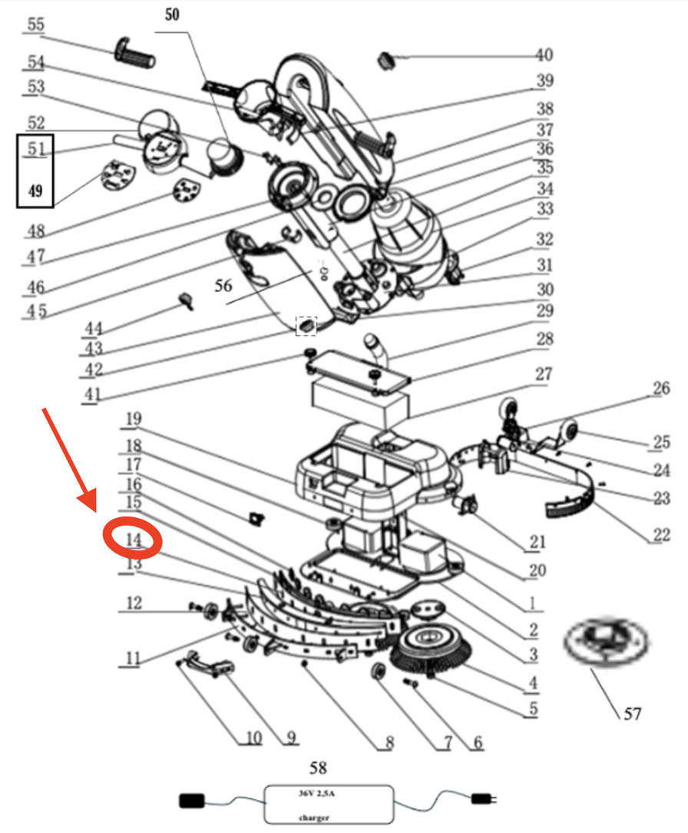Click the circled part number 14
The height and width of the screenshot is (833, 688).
(134, 539)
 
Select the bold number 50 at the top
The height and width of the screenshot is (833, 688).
(172, 15)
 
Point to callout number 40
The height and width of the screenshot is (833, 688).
(544, 55)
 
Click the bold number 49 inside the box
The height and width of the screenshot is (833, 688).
(35, 191)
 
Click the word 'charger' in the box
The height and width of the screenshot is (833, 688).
(315, 817)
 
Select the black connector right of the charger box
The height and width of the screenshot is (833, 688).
(483, 800)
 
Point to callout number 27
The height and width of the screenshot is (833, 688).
(543, 374)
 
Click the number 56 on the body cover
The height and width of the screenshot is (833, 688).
(223, 286)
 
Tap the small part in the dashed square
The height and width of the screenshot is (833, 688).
(306, 326)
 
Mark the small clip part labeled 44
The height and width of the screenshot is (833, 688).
(185, 299)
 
